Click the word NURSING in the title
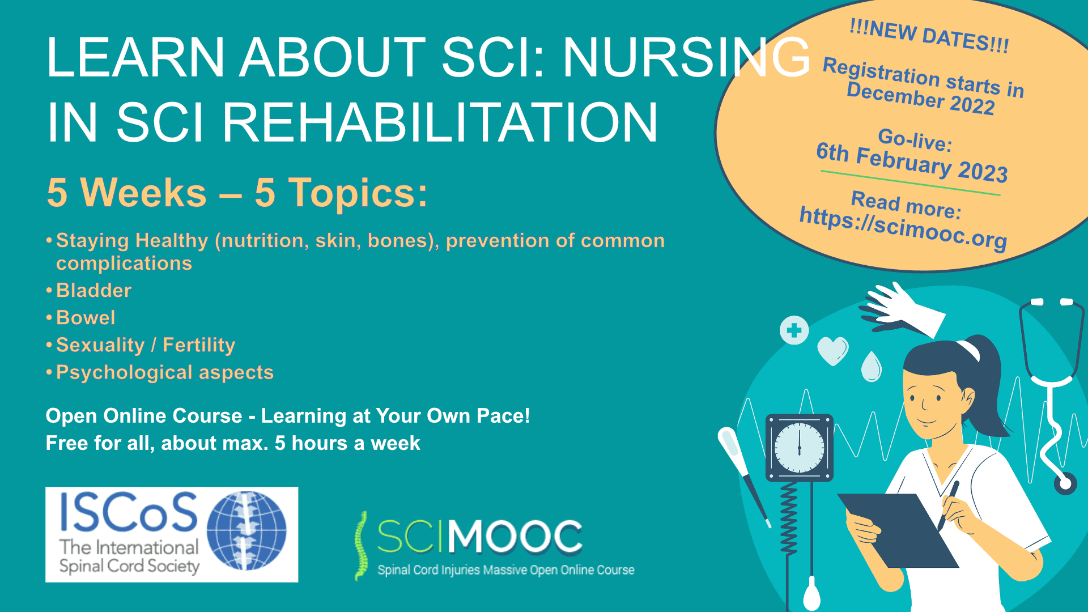(x=686, y=58)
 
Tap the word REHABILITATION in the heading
(x=439, y=123)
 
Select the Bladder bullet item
(x=93, y=291)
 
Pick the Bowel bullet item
(x=86, y=318)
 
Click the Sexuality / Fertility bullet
(x=145, y=345)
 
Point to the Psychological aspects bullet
(x=164, y=372)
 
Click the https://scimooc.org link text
(x=903, y=228)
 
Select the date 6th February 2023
(x=912, y=163)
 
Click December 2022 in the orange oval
(x=920, y=99)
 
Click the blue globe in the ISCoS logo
(x=246, y=530)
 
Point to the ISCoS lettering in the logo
(x=128, y=512)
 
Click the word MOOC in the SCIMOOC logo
(x=515, y=536)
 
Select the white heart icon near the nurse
(x=832, y=350)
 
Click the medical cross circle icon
(x=794, y=330)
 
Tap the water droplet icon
(x=872, y=367)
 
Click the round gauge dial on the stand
(x=799, y=448)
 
